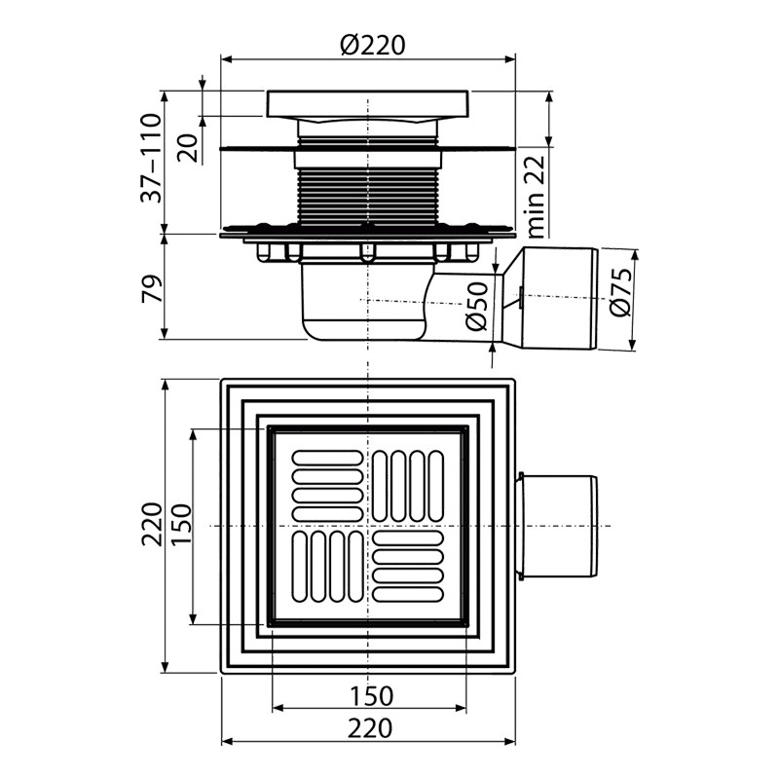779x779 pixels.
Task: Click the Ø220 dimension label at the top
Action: [373, 45]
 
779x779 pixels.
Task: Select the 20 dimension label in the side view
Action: [188, 148]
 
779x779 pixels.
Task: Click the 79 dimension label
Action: [152, 288]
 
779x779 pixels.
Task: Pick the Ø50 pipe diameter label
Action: [477, 307]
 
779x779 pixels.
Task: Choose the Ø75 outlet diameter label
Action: [620, 292]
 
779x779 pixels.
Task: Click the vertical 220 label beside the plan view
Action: [152, 525]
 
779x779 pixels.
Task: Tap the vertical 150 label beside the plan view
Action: [181, 525]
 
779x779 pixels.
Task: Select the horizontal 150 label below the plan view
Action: [371, 696]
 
